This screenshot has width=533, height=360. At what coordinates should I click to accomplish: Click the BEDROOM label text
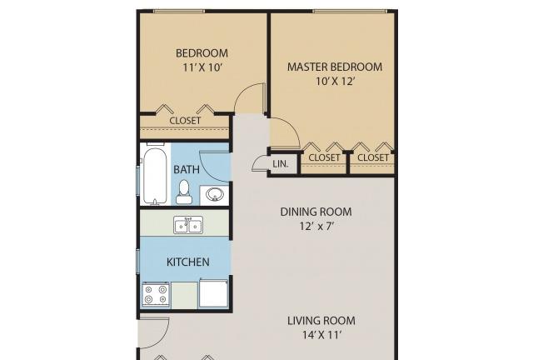202,53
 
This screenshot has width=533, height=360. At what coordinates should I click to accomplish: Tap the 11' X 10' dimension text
202,67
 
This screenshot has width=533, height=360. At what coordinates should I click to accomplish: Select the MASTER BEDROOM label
335,67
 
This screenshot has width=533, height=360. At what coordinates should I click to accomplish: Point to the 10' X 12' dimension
336,82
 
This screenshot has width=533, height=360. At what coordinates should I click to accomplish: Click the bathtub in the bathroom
155,175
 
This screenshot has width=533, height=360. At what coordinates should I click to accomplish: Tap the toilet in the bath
184,192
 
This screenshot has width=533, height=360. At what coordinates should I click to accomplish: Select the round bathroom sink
215,195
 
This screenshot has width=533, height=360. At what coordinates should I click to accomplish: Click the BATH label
187,169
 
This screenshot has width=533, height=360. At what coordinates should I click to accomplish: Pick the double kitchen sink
188,225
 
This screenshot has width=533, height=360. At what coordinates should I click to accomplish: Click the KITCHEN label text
187,262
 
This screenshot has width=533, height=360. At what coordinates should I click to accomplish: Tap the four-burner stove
156,295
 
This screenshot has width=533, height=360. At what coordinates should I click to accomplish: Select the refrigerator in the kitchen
213,293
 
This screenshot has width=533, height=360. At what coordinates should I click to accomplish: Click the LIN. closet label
281,164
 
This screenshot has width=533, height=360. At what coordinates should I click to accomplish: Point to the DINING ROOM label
316,212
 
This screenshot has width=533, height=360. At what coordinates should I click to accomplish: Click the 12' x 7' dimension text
316,226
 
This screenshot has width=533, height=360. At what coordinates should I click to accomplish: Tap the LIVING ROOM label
321,321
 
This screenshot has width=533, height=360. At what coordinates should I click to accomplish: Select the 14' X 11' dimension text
321,335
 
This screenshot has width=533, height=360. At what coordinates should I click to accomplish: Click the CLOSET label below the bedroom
185,121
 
